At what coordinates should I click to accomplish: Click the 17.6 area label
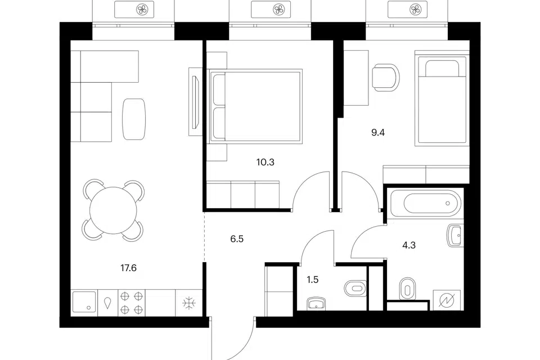click(128, 268)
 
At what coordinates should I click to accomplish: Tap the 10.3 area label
click(265, 162)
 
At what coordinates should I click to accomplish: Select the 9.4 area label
click(378, 132)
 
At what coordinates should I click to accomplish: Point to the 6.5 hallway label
click(237, 238)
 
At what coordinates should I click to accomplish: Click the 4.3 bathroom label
click(409, 245)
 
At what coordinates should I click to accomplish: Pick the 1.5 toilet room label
click(313, 280)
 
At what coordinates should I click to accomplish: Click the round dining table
click(113, 210)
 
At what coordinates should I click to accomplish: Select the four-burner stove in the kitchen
click(132, 303)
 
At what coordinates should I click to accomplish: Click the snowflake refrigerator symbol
click(189, 303)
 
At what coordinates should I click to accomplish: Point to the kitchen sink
click(84, 302)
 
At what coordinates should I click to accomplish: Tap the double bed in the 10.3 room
click(256, 106)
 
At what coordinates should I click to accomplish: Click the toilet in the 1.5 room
click(355, 287)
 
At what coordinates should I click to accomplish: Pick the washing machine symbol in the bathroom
click(447, 300)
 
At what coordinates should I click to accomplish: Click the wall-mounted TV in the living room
click(195, 102)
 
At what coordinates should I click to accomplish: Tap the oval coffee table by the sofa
click(134, 119)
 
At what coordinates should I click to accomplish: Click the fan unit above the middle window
click(278, 10)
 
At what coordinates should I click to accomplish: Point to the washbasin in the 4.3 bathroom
click(454, 235)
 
